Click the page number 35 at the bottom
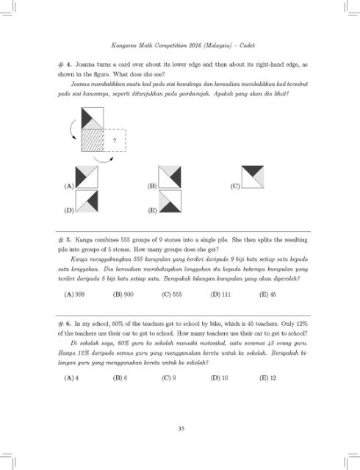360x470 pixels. coord(180,428)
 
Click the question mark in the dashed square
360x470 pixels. coord(114,140)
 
